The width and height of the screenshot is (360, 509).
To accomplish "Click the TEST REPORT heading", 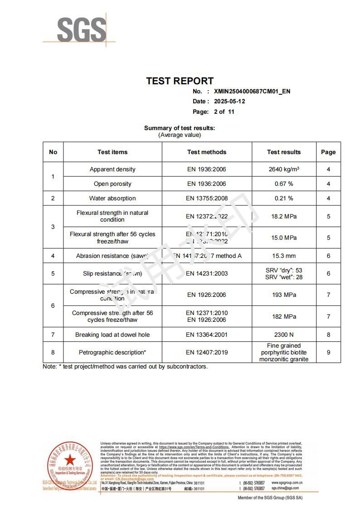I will (180, 81).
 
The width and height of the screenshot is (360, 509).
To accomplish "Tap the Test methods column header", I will (207, 152).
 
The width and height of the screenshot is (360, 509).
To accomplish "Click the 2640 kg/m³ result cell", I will (284, 170).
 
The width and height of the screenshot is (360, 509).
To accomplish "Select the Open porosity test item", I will (112, 184).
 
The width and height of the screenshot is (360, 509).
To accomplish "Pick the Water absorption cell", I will (112, 199).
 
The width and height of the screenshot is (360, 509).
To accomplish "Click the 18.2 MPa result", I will (284, 217).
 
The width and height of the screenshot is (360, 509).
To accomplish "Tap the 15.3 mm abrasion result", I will (284, 256).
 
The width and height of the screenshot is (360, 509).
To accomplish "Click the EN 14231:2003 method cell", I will (207, 274).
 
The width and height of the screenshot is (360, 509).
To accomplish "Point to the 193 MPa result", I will (284, 295).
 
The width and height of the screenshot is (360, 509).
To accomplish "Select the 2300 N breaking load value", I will (284, 335).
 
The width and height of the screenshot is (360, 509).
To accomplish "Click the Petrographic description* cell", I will (112, 353).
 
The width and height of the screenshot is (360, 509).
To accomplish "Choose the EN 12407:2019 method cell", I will (207, 353).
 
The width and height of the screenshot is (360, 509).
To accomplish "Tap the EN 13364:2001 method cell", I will (207, 335).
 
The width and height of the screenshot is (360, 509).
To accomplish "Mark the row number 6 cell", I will (53, 306).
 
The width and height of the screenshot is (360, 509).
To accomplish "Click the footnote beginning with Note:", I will (125, 367).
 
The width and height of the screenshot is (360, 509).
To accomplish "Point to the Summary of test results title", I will (180, 128).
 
